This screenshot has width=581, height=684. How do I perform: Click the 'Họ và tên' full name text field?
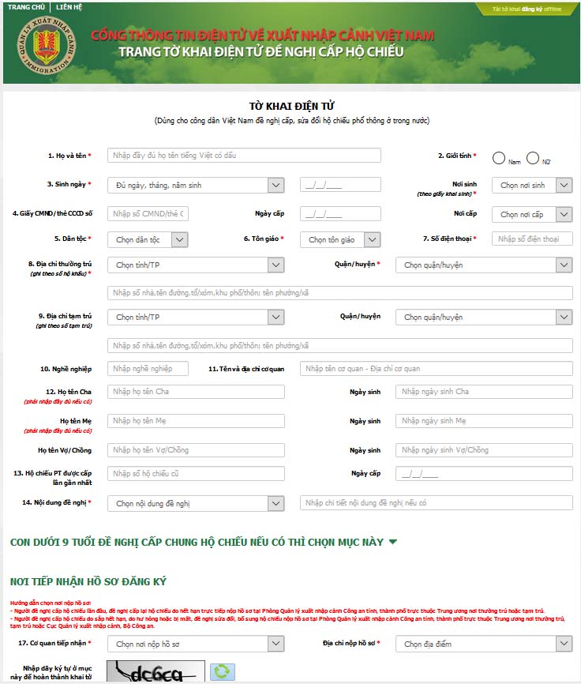pyautogui.click(x=244, y=156)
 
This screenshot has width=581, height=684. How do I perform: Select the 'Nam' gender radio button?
pyautogui.click(x=499, y=158)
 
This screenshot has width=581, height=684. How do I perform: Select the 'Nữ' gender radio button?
pyautogui.click(x=533, y=158)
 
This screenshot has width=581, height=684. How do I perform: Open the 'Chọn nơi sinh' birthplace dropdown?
pyautogui.click(x=532, y=185)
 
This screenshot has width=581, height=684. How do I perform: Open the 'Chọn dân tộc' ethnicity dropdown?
pyautogui.click(x=148, y=239)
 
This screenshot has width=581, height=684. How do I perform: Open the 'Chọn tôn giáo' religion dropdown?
pyautogui.click(x=340, y=239)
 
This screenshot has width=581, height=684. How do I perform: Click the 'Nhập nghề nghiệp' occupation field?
pyautogui.click(x=148, y=369)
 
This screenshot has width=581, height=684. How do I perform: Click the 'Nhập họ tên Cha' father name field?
pyautogui.click(x=196, y=392)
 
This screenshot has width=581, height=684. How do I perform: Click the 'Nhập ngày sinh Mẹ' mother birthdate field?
pyautogui.click(x=484, y=421)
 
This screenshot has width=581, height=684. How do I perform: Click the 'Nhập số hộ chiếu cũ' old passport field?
pyautogui.click(x=196, y=474)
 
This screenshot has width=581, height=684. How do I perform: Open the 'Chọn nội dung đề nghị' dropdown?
pyautogui.click(x=196, y=503)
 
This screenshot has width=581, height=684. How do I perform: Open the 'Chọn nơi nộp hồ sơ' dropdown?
pyautogui.click(x=196, y=644)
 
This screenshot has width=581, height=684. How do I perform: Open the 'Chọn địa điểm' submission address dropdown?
pyautogui.click(x=484, y=644)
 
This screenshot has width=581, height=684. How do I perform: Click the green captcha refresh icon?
pyautogui.click(x=223, y=671)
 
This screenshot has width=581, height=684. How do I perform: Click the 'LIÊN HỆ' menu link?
pyautogui.click(x=69, y=7)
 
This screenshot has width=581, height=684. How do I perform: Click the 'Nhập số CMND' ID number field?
pyautogui.click(x=148, y=214)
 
